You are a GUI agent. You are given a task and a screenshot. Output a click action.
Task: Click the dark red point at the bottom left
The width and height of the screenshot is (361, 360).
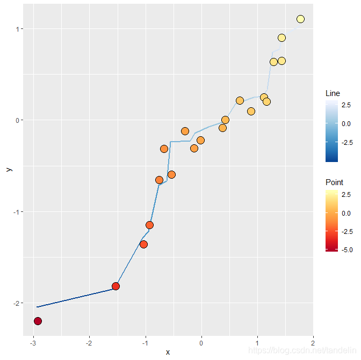pos(38,321)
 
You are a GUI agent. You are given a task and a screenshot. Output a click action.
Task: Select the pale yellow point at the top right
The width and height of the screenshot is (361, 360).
pos(300,19)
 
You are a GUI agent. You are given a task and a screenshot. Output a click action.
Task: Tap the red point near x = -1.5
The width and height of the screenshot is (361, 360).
pos(115,286)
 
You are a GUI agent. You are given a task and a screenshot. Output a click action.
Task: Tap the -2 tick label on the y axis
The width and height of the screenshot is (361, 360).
pos(18,303)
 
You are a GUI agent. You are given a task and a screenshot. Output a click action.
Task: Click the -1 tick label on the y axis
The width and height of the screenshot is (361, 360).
pos(18,212)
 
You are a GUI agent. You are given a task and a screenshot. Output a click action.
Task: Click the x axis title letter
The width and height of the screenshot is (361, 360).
pos(168,352)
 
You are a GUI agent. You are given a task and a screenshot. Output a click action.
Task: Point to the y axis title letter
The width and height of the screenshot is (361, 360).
pos(8,169)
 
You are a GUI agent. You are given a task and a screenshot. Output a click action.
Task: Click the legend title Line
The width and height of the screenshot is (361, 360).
pos(333,93)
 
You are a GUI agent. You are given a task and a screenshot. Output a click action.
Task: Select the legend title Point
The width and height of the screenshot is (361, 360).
pos(334,182)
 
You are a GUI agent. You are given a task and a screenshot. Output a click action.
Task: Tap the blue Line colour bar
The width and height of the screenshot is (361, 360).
pos(331,131)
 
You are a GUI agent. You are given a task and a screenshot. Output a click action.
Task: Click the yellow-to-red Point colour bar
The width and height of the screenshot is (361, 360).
pos(331,220)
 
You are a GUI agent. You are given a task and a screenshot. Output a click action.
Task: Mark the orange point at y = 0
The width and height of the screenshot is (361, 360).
pos(225,120)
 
